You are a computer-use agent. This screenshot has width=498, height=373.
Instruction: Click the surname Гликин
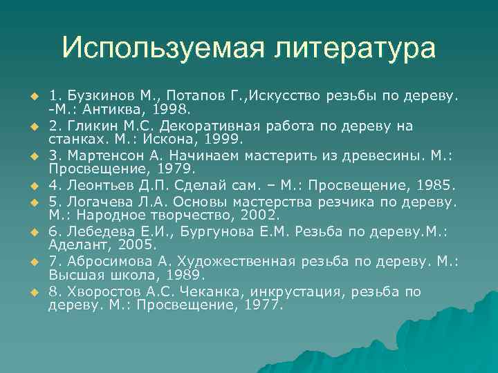89,126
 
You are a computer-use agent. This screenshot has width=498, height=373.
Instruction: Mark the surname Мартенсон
104,157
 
